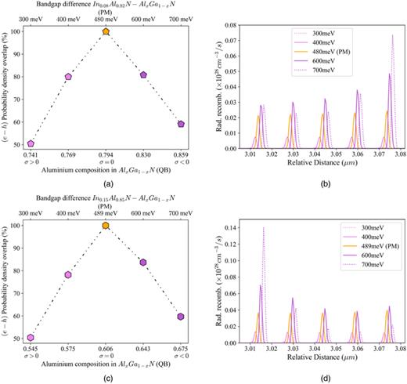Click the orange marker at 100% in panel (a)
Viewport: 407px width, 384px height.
pyautogui.click(x=106, y=32)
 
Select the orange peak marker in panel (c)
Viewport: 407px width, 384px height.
pyautogui.click(x=106, y=226)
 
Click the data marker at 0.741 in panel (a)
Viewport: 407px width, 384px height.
pyautogui.click(x=31, y=143)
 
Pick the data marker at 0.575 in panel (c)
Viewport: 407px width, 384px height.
pyautogui.click(x=68, y=275)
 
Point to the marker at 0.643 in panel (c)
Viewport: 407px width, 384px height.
pyautogui.click(x=143, y=262)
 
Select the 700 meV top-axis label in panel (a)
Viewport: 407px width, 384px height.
pyautogui.click(x=181, y=16)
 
